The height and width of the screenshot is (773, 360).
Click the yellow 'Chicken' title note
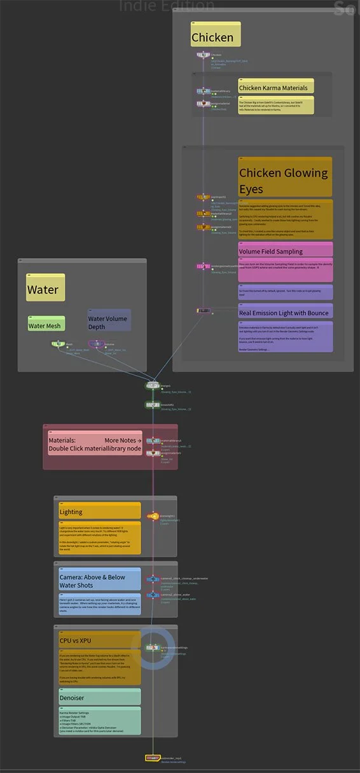coord(216,36)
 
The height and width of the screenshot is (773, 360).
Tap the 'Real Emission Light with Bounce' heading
coord(284,313)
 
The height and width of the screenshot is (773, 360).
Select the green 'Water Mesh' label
coord(46,325)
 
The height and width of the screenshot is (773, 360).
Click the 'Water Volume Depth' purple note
coord(109,322)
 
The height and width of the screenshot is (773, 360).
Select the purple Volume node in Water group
coord(96,344)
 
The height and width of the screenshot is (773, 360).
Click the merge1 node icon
coord(153,385)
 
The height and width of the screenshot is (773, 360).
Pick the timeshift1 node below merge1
coord(153,404)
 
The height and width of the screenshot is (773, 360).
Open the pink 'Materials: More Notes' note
coord(95,444)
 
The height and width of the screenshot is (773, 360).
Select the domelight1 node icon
coord(153,517)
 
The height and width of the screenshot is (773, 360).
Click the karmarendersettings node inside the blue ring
coord(153,648)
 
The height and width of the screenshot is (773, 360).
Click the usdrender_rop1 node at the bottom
coord(153,758)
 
